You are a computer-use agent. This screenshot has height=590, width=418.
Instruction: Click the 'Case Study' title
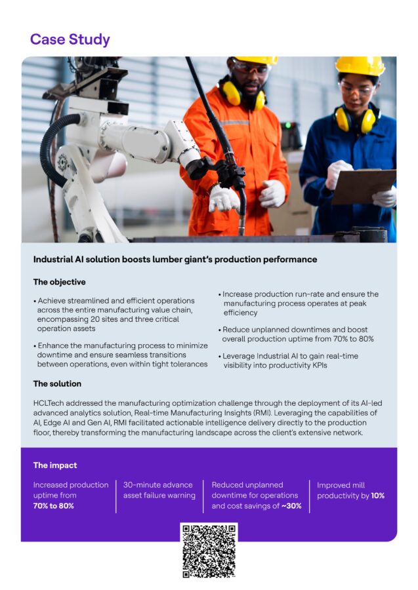[70, 39]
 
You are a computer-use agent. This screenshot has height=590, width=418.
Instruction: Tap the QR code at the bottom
[209, 551]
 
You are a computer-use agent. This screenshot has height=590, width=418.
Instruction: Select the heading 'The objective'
[59, 282]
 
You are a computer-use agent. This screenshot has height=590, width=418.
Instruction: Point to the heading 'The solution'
[57, 383]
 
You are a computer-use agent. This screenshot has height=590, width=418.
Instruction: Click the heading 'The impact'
[55, 465]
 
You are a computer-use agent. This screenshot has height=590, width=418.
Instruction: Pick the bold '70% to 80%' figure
[53, 506]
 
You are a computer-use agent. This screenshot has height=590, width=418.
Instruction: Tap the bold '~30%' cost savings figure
[291, 506]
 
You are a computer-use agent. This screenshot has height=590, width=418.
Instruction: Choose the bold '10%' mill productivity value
[377, 496]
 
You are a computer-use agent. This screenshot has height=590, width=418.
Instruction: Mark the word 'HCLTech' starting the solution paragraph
[50, 402]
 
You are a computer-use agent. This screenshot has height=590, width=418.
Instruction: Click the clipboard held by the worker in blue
[363, 186]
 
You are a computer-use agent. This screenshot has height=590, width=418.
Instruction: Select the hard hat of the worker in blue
[360, 66]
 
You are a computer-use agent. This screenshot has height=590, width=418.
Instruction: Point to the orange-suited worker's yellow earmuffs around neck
[242, 98]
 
